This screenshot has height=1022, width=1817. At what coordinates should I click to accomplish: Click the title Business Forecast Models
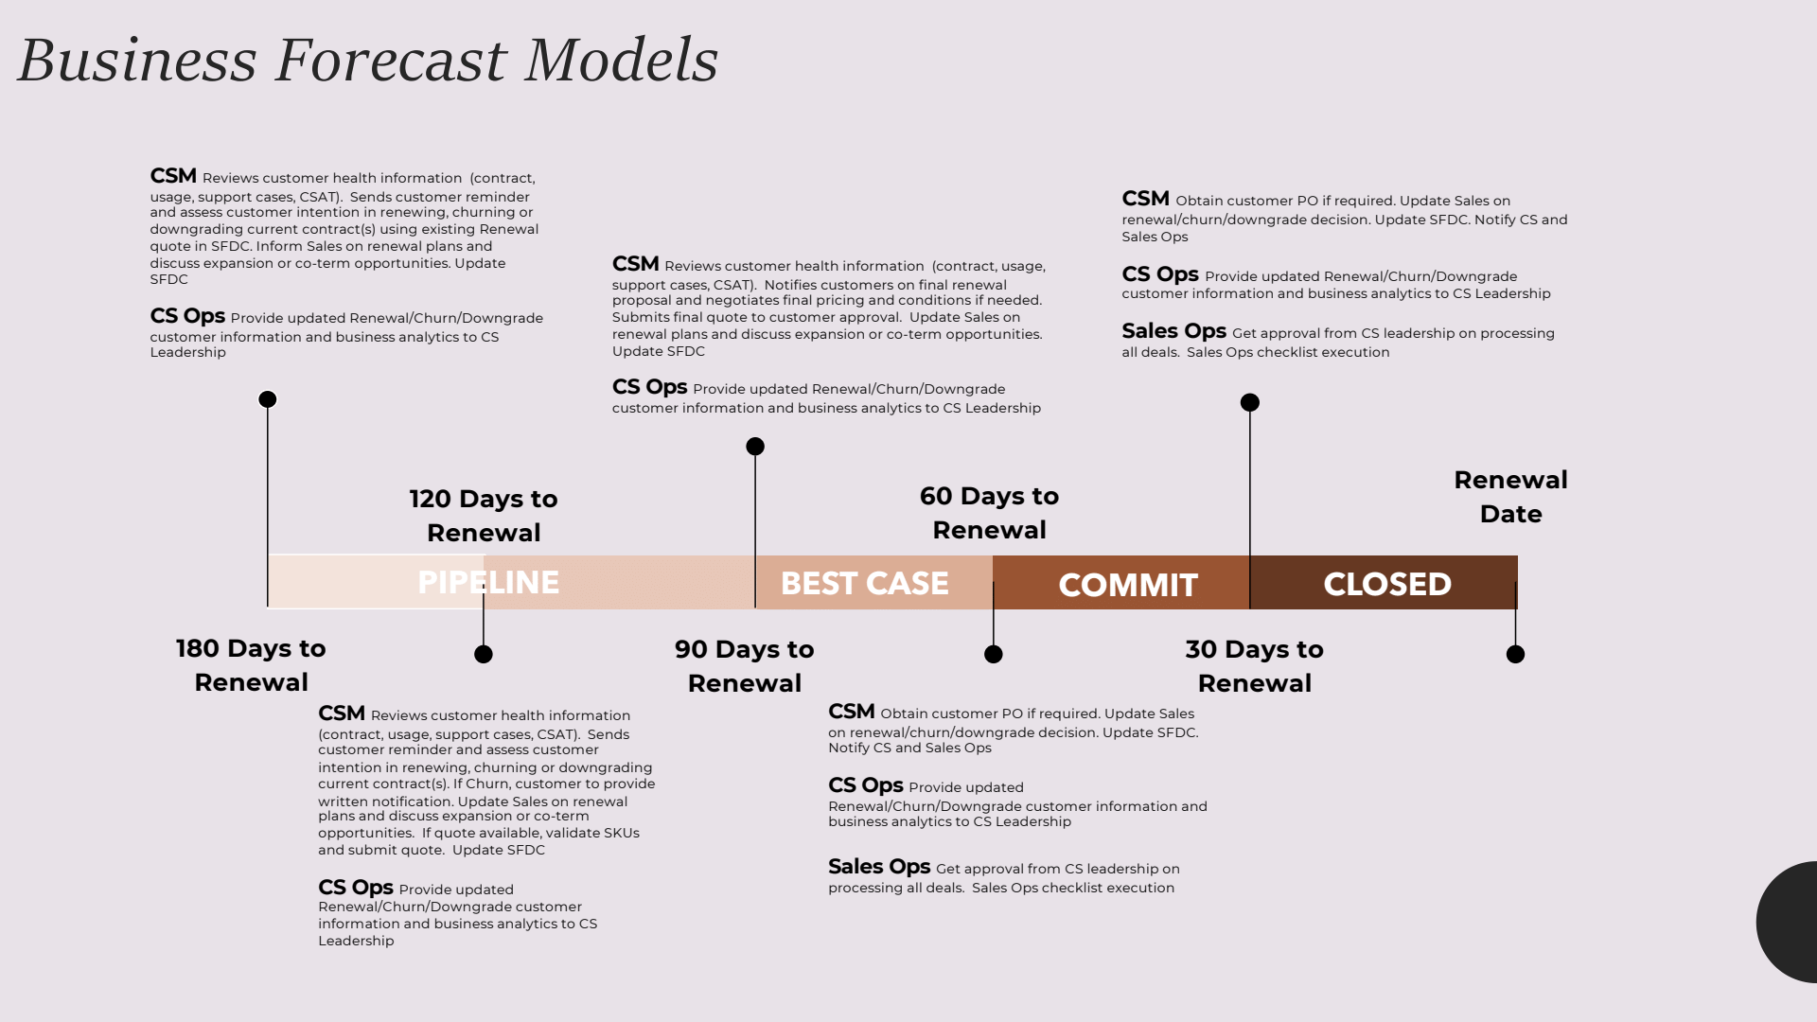[367, 60]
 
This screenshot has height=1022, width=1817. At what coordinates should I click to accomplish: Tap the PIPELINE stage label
[488, 582]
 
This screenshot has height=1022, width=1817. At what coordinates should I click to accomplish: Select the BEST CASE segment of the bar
[864, 583]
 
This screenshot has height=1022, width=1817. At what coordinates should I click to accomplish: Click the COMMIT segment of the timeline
[1127, 584]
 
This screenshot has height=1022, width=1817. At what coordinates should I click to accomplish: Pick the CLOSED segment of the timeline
[1386, 583]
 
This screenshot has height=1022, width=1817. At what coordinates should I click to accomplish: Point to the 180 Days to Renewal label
[251, 664]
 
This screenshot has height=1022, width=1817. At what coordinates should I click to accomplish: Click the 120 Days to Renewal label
[484, 515]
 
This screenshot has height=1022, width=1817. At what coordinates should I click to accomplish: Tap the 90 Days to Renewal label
[745, 665]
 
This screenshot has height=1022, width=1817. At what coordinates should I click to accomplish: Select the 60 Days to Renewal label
[989, 512]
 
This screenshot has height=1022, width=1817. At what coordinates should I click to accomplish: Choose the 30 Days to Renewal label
[1254, 665]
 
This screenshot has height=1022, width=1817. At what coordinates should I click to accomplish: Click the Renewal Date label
[1510, 496]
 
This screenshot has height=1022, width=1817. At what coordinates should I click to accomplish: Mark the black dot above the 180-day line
[268, 399]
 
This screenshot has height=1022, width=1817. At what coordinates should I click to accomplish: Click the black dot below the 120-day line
[484, 654]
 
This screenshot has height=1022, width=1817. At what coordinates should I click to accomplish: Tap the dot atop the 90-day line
[755, 447]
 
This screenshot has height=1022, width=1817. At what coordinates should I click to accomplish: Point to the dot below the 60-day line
[994, 654]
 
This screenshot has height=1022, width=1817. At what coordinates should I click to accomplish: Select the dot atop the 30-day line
[1250, 402]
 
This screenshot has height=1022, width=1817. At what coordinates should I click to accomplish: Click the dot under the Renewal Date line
[1515, 654]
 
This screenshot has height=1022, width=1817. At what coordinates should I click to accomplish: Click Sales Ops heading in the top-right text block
[1173, 331]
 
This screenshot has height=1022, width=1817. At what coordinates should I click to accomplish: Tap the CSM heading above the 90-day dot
[635, 264]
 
